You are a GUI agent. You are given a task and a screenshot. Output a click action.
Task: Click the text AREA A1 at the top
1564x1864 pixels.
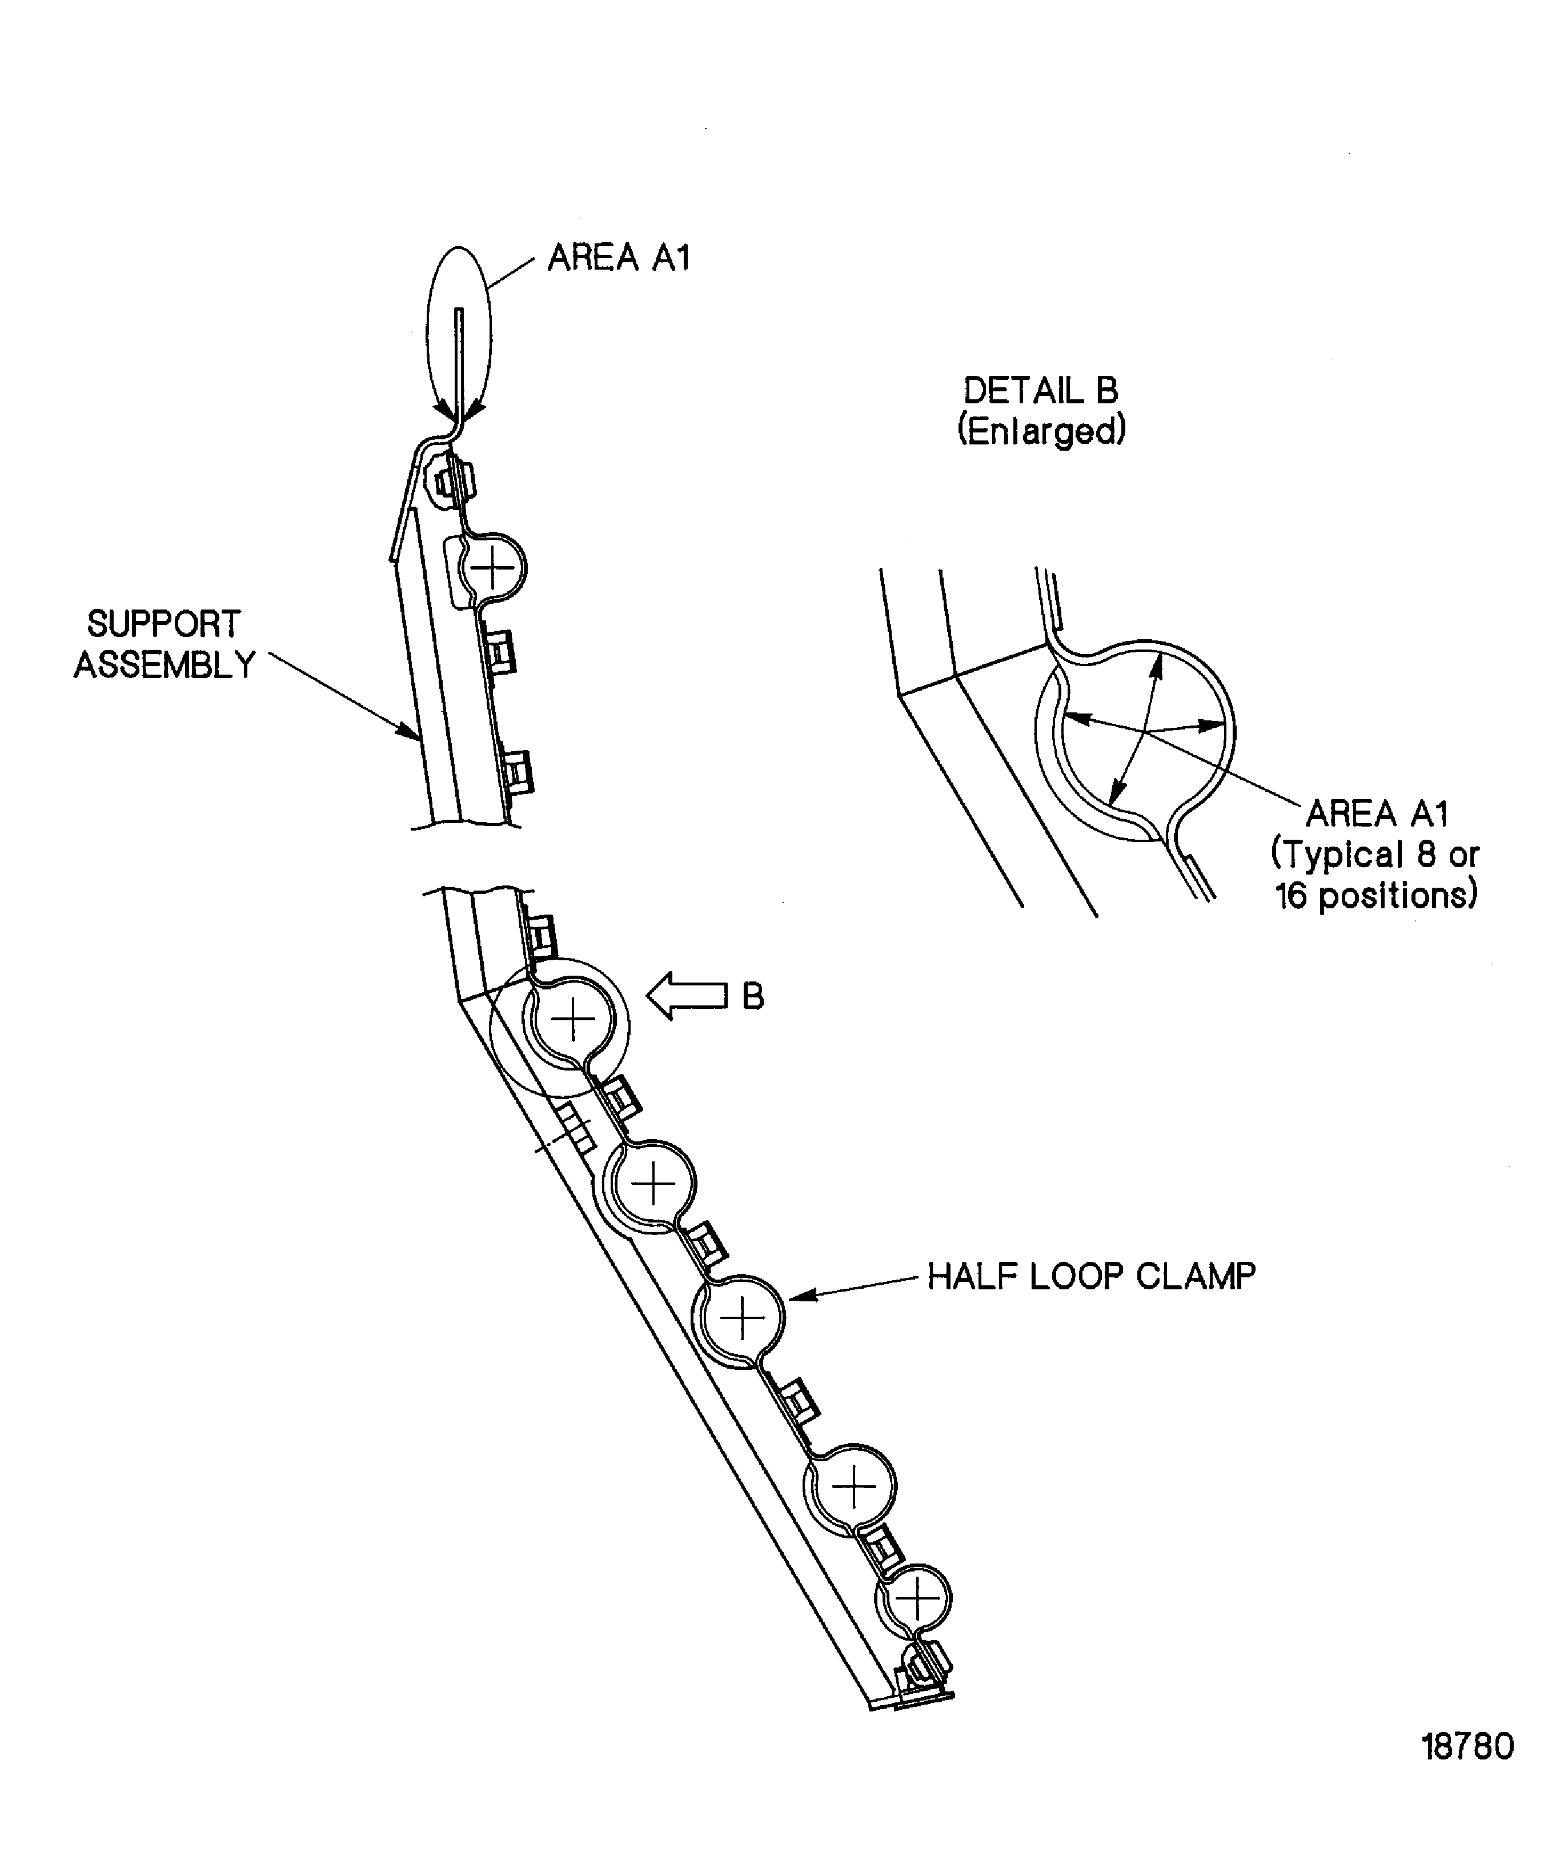tap(619, 258)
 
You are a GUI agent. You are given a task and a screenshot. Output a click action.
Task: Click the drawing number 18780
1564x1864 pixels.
tap(1467, 1747)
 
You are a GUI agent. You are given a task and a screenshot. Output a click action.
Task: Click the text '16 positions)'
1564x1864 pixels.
tap(1377, 895)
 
